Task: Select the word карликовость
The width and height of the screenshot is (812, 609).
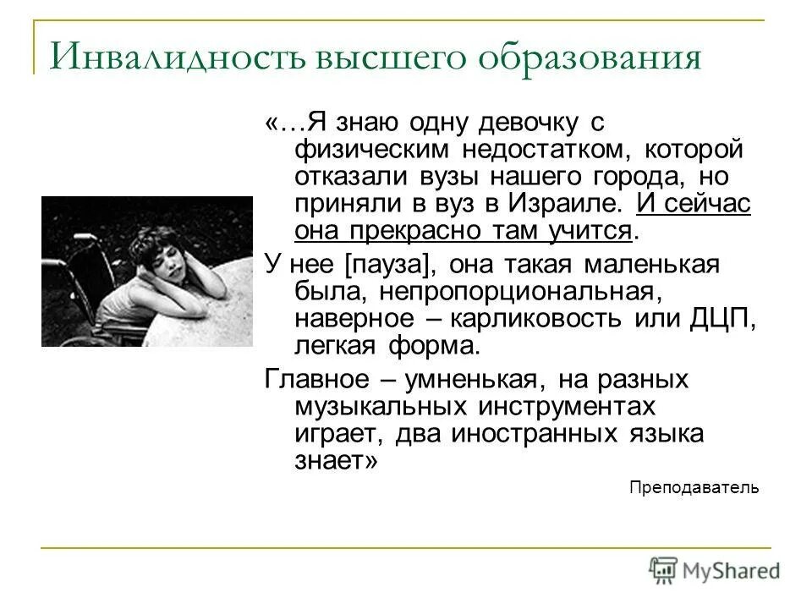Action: [x=575, y=320]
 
